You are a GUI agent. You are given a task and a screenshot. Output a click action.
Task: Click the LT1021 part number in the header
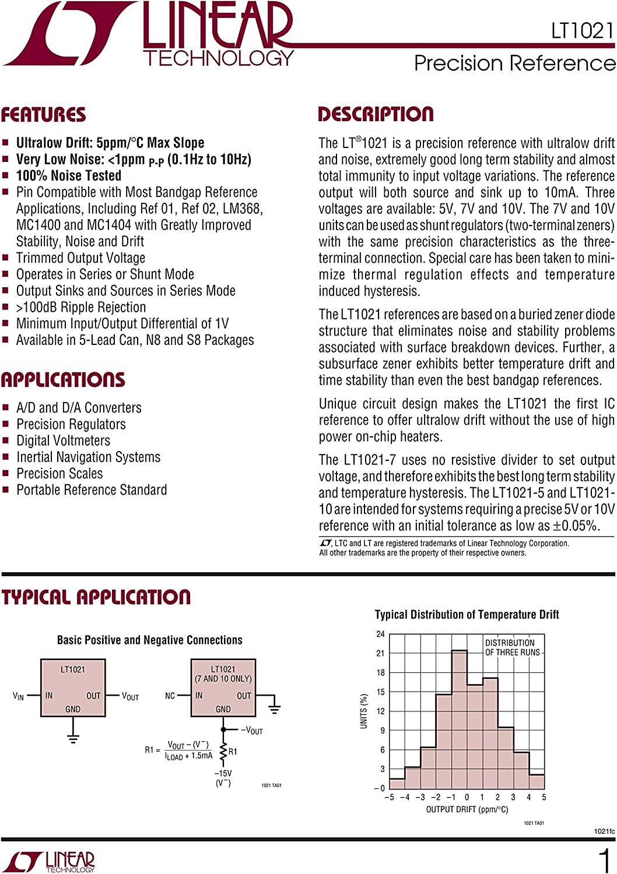coord(582,31)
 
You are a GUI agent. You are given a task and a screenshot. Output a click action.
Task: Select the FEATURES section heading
coord(43,115)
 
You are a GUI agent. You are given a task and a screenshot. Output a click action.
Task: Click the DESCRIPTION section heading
coord(376,114)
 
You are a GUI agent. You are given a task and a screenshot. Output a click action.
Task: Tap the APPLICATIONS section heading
coord(63,380)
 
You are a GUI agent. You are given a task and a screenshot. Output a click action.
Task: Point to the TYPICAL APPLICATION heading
coord(96,597)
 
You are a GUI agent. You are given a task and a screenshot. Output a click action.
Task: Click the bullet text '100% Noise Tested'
coord(69,175)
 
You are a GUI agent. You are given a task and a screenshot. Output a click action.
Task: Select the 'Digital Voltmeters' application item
coord(63,440)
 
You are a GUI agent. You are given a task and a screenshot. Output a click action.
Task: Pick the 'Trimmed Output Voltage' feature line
coord(80,258)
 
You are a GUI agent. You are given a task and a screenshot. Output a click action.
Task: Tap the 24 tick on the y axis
coord(380,634)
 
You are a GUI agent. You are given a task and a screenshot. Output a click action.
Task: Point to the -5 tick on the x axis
coord(389,797)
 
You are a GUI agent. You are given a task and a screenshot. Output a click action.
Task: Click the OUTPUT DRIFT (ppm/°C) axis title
coord(467,809)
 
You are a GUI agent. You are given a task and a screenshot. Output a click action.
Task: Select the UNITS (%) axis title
coord(364,711)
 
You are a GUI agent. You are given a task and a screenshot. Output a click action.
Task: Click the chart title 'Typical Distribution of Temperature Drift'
coord(467,615)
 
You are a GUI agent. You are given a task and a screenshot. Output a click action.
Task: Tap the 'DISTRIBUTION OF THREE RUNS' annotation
coord(512,647)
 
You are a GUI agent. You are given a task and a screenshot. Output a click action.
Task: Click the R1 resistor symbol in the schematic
coord(223,752)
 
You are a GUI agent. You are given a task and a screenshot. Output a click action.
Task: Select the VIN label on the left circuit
coord(18,696)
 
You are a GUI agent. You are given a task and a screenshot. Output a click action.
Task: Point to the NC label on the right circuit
coord(170,696)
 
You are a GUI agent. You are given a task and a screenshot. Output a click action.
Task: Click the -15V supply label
coord(223,773)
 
